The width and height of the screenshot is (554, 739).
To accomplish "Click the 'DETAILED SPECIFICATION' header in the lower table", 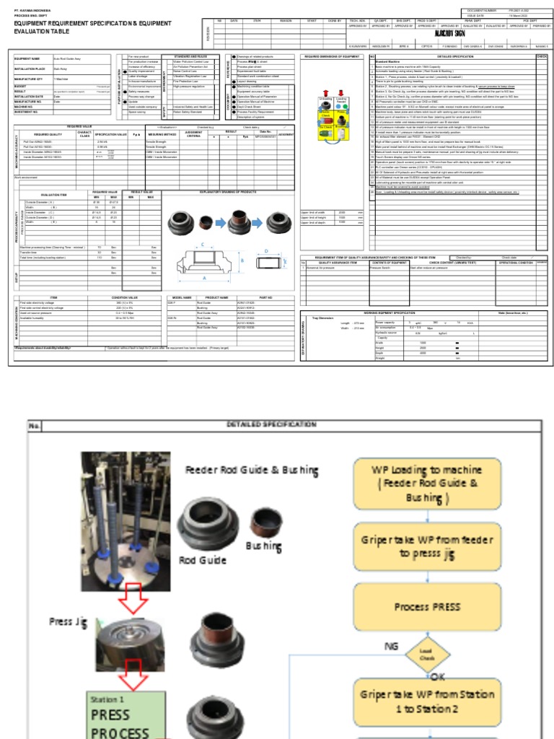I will click(x=271, y=424).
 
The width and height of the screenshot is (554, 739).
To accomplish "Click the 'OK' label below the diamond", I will click(x=439, y=677).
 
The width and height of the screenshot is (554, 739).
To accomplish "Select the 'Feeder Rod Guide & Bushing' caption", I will click(x=251, y=471).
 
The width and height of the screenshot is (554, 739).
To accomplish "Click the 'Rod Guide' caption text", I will click(x=203, y=560).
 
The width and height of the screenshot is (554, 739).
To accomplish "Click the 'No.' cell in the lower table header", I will click(x=35, y=426).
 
